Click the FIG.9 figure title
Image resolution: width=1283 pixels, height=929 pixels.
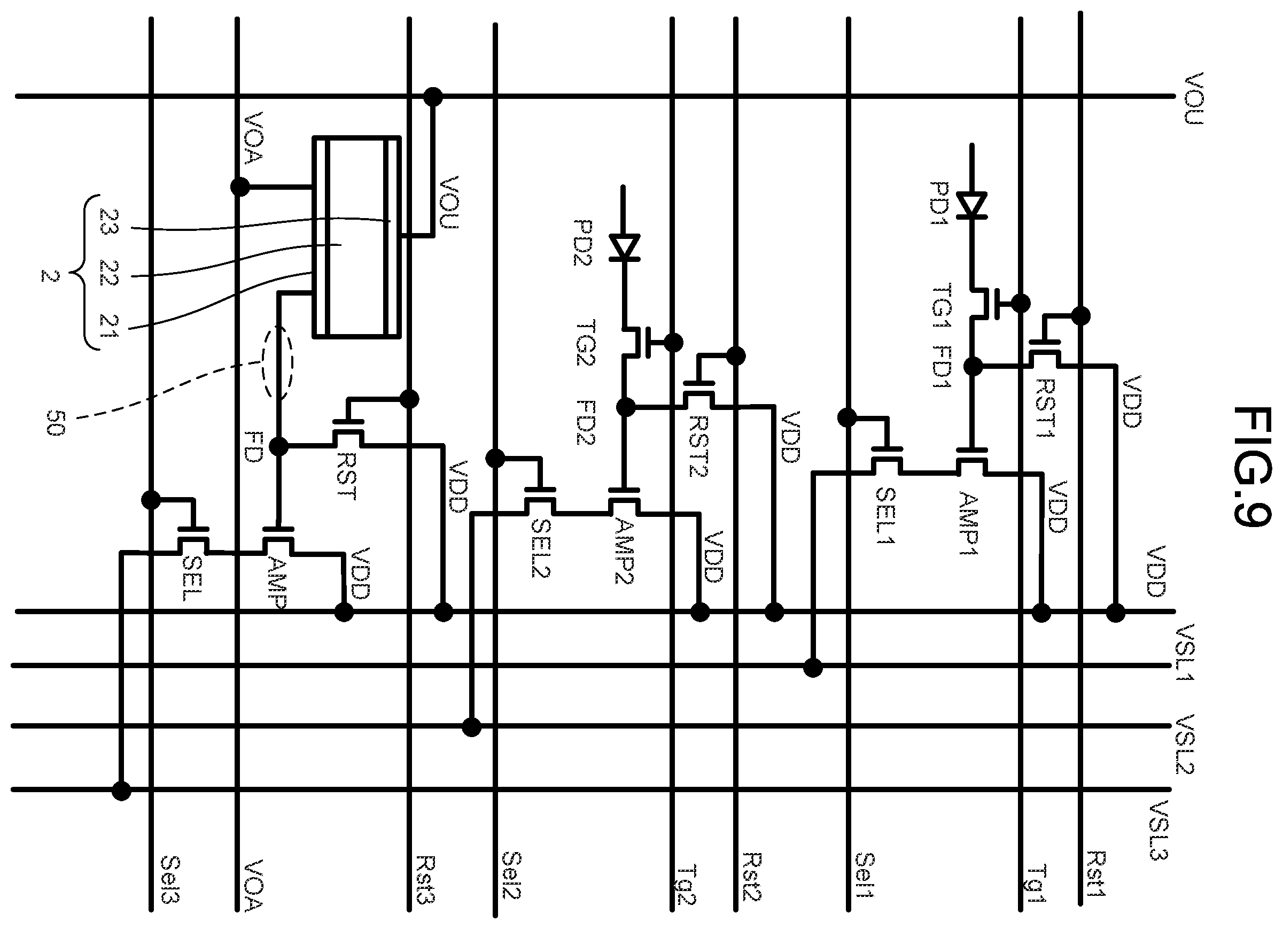click(x=1251, y=467)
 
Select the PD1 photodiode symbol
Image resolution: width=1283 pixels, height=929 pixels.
click(x=972, y=205)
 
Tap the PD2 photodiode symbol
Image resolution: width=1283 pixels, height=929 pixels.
click(x=625, y=247)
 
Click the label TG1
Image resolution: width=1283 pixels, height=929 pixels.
click(x=942, y=306)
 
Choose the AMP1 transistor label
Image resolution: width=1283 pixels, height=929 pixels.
click(x=968, y=524)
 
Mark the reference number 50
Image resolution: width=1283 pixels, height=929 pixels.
click(x=55, y=423)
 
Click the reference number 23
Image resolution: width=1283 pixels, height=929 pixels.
click(x=108, y=222)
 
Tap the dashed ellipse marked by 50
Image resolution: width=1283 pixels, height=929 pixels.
click(x=277, y=362)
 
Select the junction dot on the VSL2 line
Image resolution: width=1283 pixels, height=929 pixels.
click(x=472, y=727)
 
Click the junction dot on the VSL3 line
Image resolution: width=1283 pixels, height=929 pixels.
click(x=121, y=791)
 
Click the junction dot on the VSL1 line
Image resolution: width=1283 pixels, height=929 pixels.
click(x=813, y=668)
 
